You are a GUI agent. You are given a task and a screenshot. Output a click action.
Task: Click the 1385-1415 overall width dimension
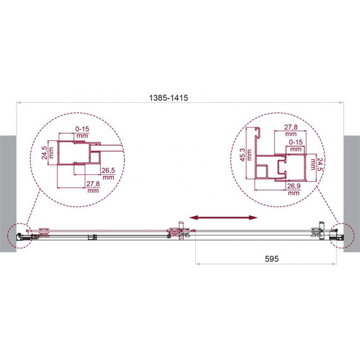click(x=169, y=98)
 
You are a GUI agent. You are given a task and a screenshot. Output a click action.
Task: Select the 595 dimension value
click(x=272, y=259)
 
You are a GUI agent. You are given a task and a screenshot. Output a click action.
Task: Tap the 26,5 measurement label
click(x=108, y=171)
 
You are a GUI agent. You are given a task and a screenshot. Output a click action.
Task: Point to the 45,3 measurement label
click(x=243, y=155)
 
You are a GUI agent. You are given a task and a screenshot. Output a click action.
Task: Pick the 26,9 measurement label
click(x=294, y=186)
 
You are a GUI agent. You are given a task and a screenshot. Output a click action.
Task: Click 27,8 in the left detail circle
click(x=93, y=184)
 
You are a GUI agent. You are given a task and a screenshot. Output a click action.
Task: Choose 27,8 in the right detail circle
click(x=291, y=127)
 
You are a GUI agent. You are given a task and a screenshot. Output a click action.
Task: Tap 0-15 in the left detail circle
click(x=82, y=129)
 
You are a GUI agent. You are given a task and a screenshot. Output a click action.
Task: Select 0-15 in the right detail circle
click(x=296, y=142)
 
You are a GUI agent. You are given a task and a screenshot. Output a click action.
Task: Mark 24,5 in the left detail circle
click(x=44, y=153)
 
